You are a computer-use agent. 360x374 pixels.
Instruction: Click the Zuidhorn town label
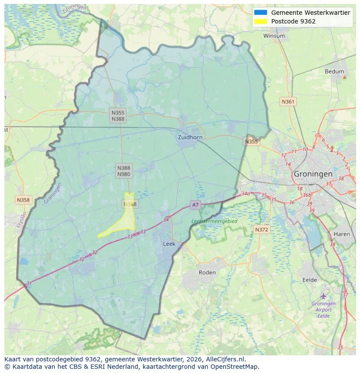tap(190, 137)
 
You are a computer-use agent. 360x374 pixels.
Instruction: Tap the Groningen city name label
tap(313, 174)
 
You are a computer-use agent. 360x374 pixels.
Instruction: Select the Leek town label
tap(169, 244)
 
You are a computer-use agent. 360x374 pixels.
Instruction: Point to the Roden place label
tap(207, 272)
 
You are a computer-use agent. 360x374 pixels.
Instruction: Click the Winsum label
tap(274, 36)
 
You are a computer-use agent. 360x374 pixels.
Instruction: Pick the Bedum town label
tap(334, 72)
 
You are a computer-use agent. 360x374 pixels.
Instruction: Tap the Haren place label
tap(342, 234)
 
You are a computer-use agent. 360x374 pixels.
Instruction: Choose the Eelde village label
tap(310, 280)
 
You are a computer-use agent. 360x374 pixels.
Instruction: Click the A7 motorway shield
tap(195, 205)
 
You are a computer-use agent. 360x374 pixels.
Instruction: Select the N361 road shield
tap(288, 102)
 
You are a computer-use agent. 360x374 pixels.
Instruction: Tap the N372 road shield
tap(261, 229)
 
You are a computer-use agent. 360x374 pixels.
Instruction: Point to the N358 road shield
tap(23, 200)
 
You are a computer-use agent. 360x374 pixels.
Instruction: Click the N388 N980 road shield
tap(123, 171)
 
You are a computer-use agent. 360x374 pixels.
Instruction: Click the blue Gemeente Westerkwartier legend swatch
tap(261, 13)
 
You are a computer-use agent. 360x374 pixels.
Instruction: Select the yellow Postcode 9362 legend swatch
tap(261, 21)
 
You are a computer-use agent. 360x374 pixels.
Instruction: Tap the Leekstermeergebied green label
tap(214, 221)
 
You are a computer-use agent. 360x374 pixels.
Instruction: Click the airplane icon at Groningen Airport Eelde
tap(323, 296)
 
